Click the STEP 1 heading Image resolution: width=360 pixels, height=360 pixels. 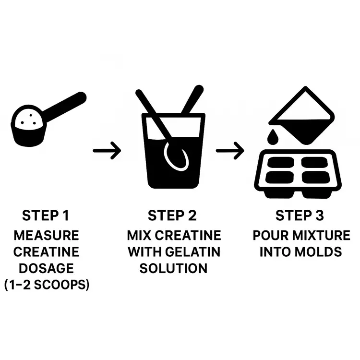[x=46, y=216]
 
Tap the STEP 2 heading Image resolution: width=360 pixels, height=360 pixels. [x=172, y=216]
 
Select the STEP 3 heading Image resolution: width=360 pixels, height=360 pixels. [x=300, y=216]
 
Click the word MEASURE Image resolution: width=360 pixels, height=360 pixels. [x=47, y=235]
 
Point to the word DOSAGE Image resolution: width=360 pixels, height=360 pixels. [x=47, y=268]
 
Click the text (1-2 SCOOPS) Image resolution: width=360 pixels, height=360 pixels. [x=47, y=285]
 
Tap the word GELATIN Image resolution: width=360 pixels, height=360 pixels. [x=193, y=252]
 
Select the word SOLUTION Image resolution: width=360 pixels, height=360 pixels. [x=174, y=268]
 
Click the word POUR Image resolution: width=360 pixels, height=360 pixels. [x=270, y=235]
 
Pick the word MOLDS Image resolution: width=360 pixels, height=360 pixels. [x=318, y=252]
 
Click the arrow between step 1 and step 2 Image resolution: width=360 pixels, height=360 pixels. [x=107, y=151]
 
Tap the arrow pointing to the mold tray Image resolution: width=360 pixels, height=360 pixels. [x=230, y=151]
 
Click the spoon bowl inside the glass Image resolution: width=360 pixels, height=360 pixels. [x=176, y=157]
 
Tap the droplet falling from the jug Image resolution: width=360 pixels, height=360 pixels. [x=273, y=137]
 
